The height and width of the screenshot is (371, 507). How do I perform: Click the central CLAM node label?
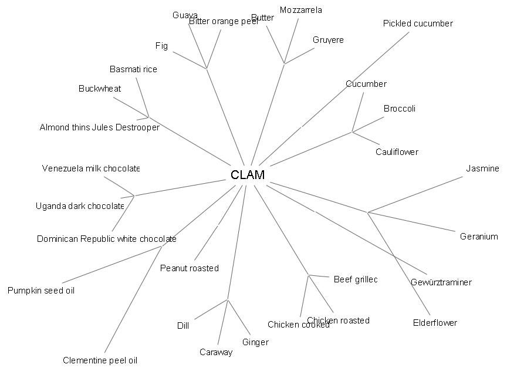pyautogui.click(x=248, y=174)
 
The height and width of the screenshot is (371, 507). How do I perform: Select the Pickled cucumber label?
pyautogui.click(x=418, y=23)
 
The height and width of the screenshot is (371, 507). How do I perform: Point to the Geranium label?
pyautogui.click(x=479, y=237)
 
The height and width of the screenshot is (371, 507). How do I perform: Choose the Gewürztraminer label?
pyautogui.click(x=441, y=282)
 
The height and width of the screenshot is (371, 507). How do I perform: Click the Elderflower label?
pyautogui.click(x=435, y=323)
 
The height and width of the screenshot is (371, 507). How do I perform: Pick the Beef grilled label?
pyautogui.click(x=356, y=279)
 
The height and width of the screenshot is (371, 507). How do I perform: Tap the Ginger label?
pyautogui.click(x=255, y=342)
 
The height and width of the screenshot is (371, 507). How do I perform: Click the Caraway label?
pyautogui.click(x=216, y=352)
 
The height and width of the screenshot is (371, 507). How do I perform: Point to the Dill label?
pyautogui.click(x=183, y=326)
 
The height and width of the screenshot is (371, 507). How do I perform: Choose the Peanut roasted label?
pyautogui.click(x=190, y=268)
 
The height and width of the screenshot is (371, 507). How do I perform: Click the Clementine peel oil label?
pyautogui.click(x=100, y=360)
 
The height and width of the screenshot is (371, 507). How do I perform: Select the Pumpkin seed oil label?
pyautogui.click(x=41, y=290)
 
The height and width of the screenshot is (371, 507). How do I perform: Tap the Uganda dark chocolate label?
pyautogui.click(x=80, y=206)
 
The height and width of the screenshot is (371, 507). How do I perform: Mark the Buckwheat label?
pyautogui.click(x=100, y=89)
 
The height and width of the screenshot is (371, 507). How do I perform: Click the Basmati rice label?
pyautogui.click(x=134, y=69)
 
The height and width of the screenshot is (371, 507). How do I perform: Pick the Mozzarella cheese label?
pyautogui.click(x=301, y=10)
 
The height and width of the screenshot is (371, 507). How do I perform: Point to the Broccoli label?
pyautogui.click(x=400, y=109)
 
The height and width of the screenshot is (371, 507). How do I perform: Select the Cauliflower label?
pyautogui.click(x=397, y=152)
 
